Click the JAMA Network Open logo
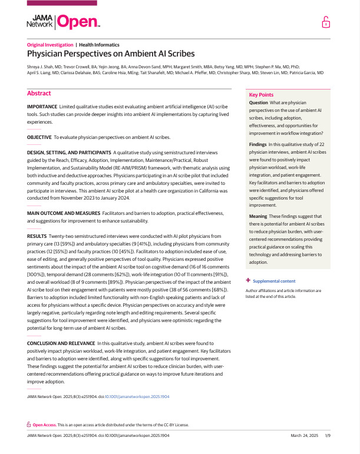point(63,23)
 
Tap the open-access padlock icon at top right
point(326,23)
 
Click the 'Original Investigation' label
point(50,45)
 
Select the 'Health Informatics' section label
point(99,45)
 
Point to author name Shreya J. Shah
point(45,67)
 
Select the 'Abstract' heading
point(39,93)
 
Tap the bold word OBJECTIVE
point(39,137)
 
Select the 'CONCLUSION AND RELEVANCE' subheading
point(61,342)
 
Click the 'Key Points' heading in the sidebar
point(262,95)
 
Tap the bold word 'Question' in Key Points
point(259,102)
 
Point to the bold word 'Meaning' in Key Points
point(258,217)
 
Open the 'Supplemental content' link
point(274,281)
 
